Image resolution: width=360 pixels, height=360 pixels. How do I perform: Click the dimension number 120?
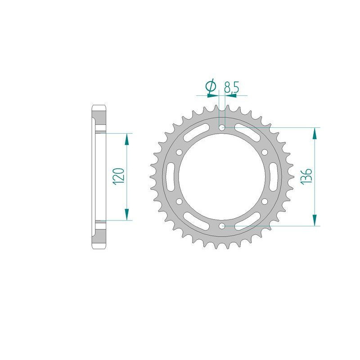pos(117,176)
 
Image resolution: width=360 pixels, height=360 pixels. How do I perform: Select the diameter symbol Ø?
pos(211,87)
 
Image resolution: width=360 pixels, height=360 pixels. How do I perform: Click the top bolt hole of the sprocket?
pos(222,128)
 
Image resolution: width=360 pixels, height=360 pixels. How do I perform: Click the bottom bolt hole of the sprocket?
pos(222,225)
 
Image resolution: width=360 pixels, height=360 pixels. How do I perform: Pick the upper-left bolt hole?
pos(180,153)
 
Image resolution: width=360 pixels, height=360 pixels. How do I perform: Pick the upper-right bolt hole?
pos(264,153)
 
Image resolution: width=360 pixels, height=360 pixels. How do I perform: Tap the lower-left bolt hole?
pos(180,201)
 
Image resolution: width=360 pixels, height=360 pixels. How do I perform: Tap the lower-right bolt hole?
pos(264,201)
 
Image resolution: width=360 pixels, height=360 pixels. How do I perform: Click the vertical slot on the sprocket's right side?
pos(273,177)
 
